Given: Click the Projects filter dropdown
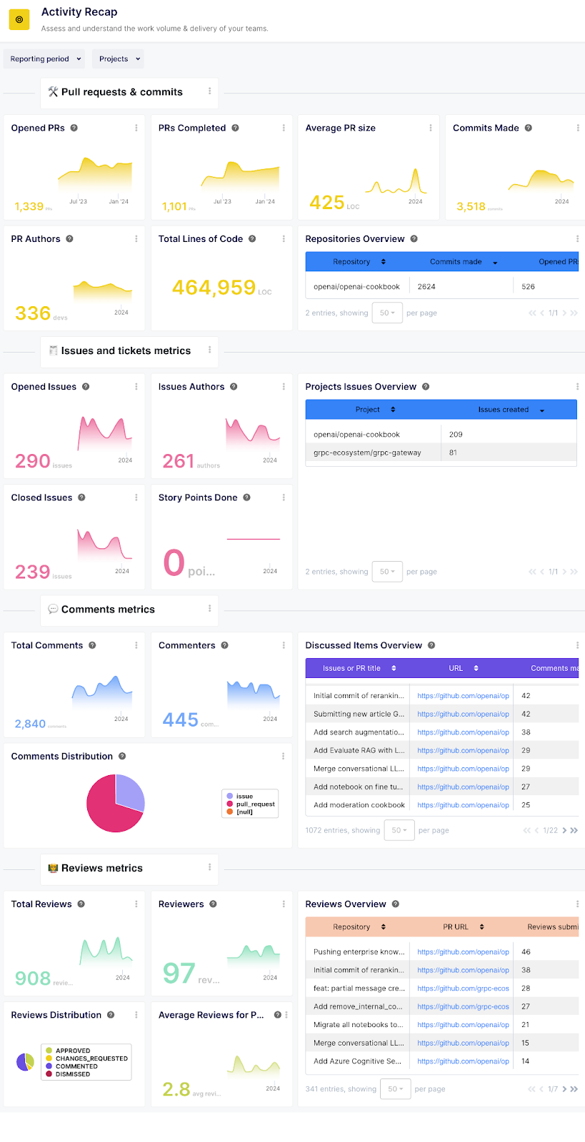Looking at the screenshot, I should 119,59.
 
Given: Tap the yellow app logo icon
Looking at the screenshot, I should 19,19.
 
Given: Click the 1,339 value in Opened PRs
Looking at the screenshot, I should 29,206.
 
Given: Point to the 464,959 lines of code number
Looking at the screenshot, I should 214,287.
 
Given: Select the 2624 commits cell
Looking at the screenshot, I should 426,287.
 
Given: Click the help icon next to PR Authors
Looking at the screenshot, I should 69,239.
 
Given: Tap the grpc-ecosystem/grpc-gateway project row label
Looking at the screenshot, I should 367,453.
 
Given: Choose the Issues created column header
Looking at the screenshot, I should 504,410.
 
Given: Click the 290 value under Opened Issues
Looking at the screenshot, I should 33,461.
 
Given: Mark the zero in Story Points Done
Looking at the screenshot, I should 174,562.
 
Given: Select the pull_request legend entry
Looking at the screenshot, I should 255,804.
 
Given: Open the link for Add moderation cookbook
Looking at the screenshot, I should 463,805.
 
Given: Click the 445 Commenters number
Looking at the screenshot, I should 180,719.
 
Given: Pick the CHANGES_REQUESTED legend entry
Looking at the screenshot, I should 91,1058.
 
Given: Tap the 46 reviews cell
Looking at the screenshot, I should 526,952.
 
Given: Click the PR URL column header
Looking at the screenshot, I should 456,927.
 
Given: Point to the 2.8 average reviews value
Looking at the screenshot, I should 176,1089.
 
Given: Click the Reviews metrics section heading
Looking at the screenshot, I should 101,869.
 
